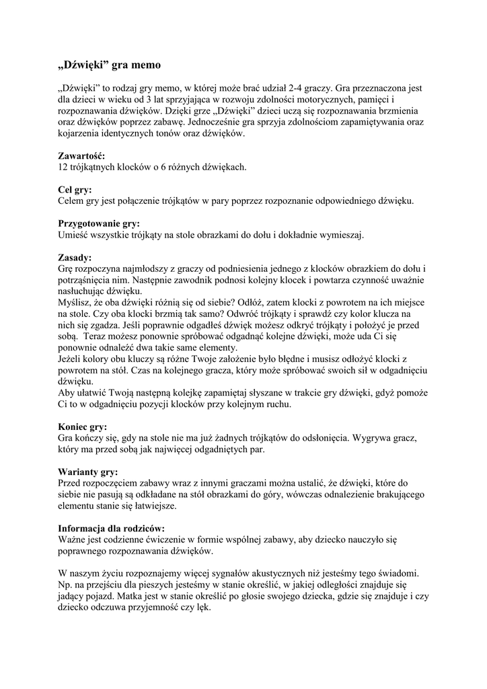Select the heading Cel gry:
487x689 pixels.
pos(75,190)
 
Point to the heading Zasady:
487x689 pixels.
pos(75,257)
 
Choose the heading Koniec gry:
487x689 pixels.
pos(83,427)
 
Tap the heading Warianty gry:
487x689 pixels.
pos(88,472)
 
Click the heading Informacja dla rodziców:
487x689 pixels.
pos(110,528)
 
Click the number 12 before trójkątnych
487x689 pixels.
pos(64,167)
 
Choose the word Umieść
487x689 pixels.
pos(75,234)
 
